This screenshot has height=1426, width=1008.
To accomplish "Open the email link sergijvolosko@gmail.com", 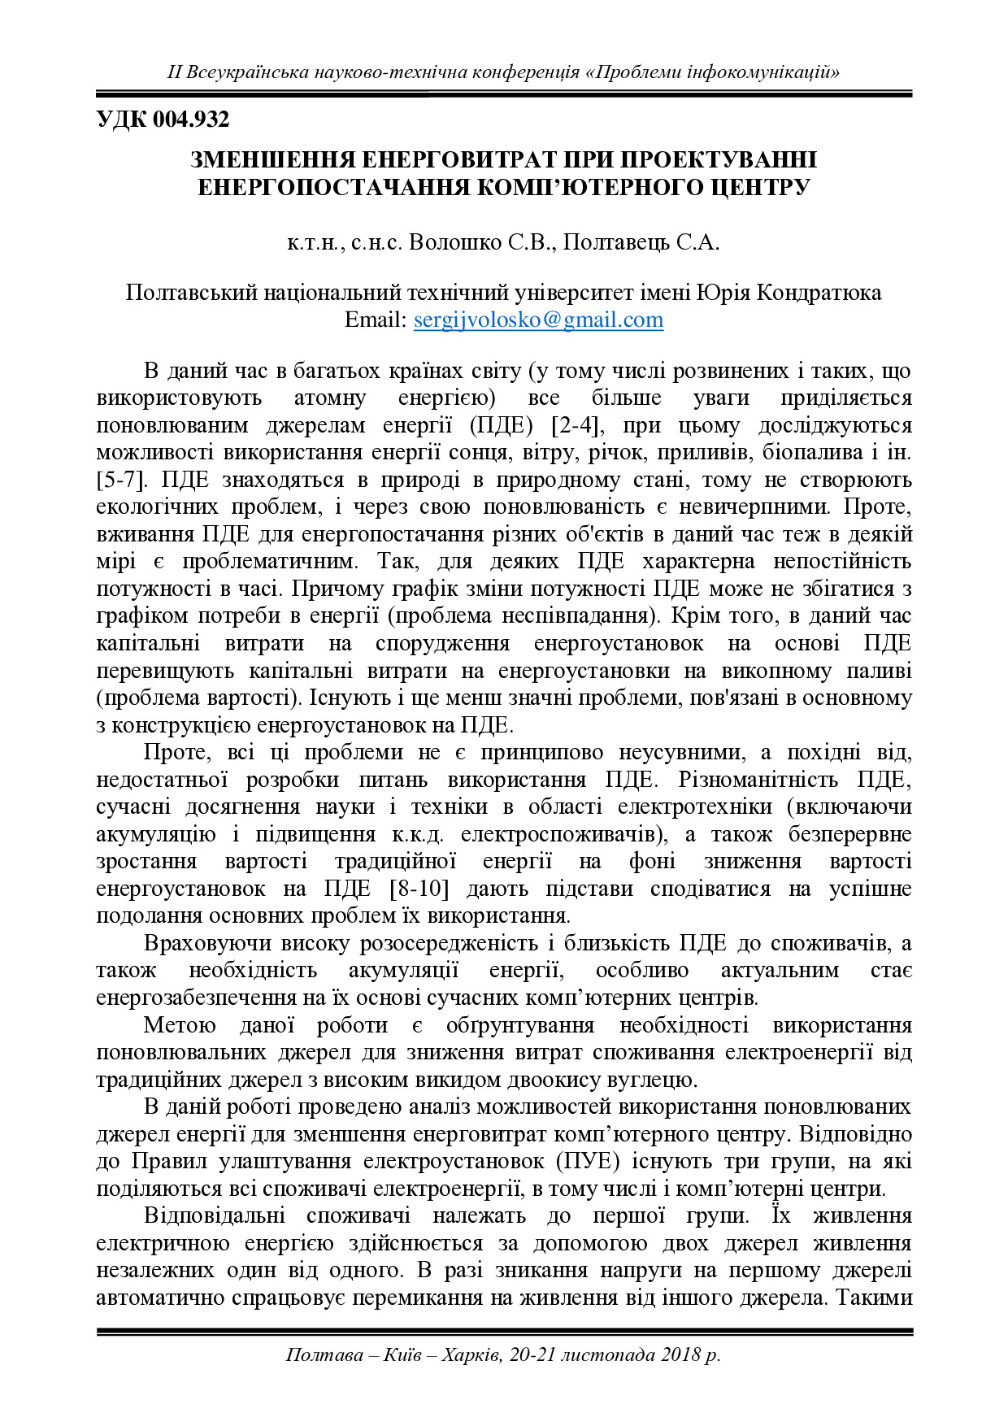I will [x=538, y=320].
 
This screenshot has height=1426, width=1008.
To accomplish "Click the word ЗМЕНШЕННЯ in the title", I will [x=272, y=159].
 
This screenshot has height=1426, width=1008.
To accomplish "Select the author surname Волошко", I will [x=454, y=242].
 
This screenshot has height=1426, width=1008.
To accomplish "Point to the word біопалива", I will [x=806, y=453].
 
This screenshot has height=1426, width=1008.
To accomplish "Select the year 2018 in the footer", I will [x=680, y=1354].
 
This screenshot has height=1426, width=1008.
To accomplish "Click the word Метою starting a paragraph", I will [x=179, y=1025].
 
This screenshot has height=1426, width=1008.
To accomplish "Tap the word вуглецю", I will [x=658, y=1080].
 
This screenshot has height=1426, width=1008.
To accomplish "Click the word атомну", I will [x=330, y=398].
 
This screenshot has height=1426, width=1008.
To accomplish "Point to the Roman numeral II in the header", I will [x=174, y=72].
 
